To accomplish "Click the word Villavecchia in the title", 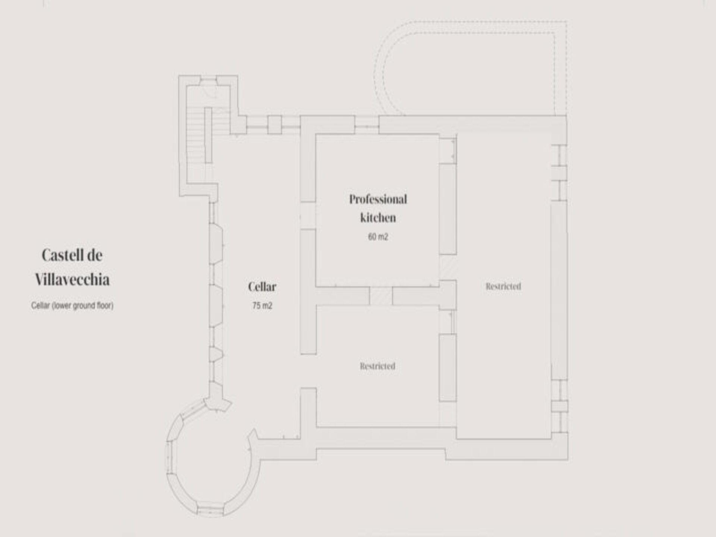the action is pyautogui.click(x=72, y=280).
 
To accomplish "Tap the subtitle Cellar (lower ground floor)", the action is pyautogui.click(x=72, y=305).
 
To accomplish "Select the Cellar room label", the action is pyautogui.click(x=262, y=287).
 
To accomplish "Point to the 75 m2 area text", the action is pyautogui.click(x=262, y=306).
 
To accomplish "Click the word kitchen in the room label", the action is pyautogui.click(x=378, y=218).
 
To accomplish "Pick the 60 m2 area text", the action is pyautogui.click(x=378, y=237).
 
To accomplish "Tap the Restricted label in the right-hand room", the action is pyautogui.click(x=503, y=286).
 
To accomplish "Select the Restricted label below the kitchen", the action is pyautogui.click(x=377, y=366).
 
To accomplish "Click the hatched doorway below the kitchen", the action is pyautogui.click(x=381, y=296).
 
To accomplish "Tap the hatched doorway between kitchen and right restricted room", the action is pyautogui.click(x=448, y=267).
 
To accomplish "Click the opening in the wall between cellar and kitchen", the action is pyautogui.click(x=308, y=216).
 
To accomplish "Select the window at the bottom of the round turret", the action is pyautogui.click(x=211, y=510).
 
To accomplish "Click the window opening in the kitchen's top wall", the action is pyautogui.click(x=367, y=125).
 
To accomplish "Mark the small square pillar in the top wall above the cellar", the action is pyautogui.click(x=274, y=125).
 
